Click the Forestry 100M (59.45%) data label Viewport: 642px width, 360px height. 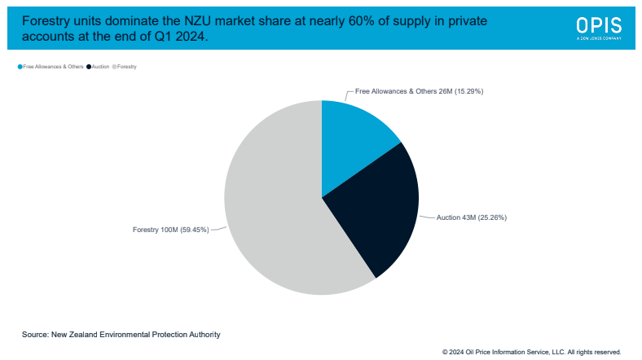pyautogui.click(x=170, y=230)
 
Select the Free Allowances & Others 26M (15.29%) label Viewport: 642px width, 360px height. pyautogui.click(x=420, y=91)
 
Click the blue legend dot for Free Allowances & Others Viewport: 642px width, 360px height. pyautogui.click(x=20, y=66)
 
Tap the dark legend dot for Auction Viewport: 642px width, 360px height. pyautogui.click(x=89, y=66)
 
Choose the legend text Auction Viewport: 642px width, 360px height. pyautogui.click(x=100, y=66)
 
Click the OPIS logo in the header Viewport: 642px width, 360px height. pyautogui.click(x=598, y=26)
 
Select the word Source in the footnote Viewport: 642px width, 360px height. pyautogui.click(x=35, y=334)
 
